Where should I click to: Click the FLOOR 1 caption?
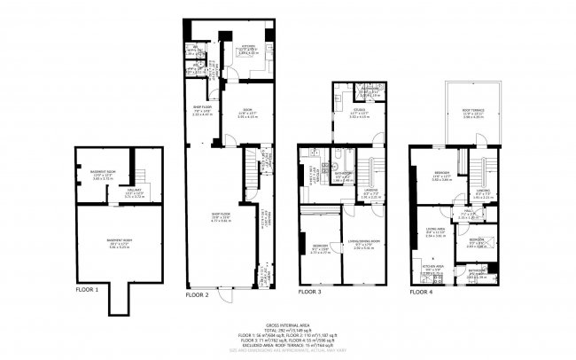[x=87, y=289]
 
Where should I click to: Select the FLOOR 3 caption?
[x=311, y=291]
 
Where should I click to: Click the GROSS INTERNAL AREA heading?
[x=287, y=322]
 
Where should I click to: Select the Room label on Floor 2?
[x=222, y=110]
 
